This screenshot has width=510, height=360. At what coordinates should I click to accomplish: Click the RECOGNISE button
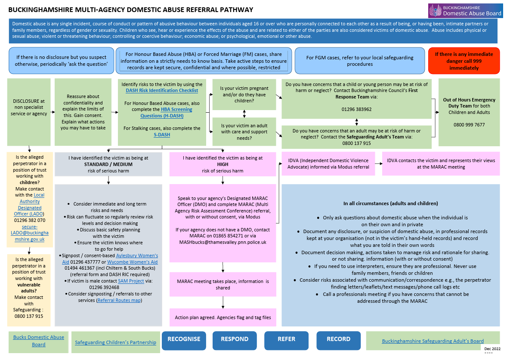[184, 339]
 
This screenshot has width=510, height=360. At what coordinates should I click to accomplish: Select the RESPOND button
[235, 339]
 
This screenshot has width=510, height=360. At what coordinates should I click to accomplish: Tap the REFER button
[286, 339]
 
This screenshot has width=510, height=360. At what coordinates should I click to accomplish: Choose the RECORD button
[338, 339]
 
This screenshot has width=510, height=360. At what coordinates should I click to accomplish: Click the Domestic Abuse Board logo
[465, 11]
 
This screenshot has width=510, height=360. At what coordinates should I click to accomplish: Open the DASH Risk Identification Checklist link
[162, 90]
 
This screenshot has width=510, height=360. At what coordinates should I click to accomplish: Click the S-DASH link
[162, 135]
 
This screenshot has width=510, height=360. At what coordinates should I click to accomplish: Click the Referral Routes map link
[119, 300]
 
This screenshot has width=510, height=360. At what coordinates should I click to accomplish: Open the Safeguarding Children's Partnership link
[115, 342]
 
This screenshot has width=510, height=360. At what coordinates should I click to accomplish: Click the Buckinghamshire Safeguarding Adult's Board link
[433, 341]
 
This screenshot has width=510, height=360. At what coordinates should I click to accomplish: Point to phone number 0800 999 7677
[469, 125]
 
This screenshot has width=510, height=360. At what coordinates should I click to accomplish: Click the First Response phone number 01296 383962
[356, 109]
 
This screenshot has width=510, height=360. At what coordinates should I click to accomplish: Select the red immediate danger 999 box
[464, 61]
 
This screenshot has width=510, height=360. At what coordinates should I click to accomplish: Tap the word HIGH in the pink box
[223, 164]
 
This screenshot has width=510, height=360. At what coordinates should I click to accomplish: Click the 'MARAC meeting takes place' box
[223, 284]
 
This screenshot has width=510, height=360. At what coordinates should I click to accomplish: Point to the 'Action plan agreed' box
[223, 317]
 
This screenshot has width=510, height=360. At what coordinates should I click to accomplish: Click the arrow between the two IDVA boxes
[378, 163]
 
